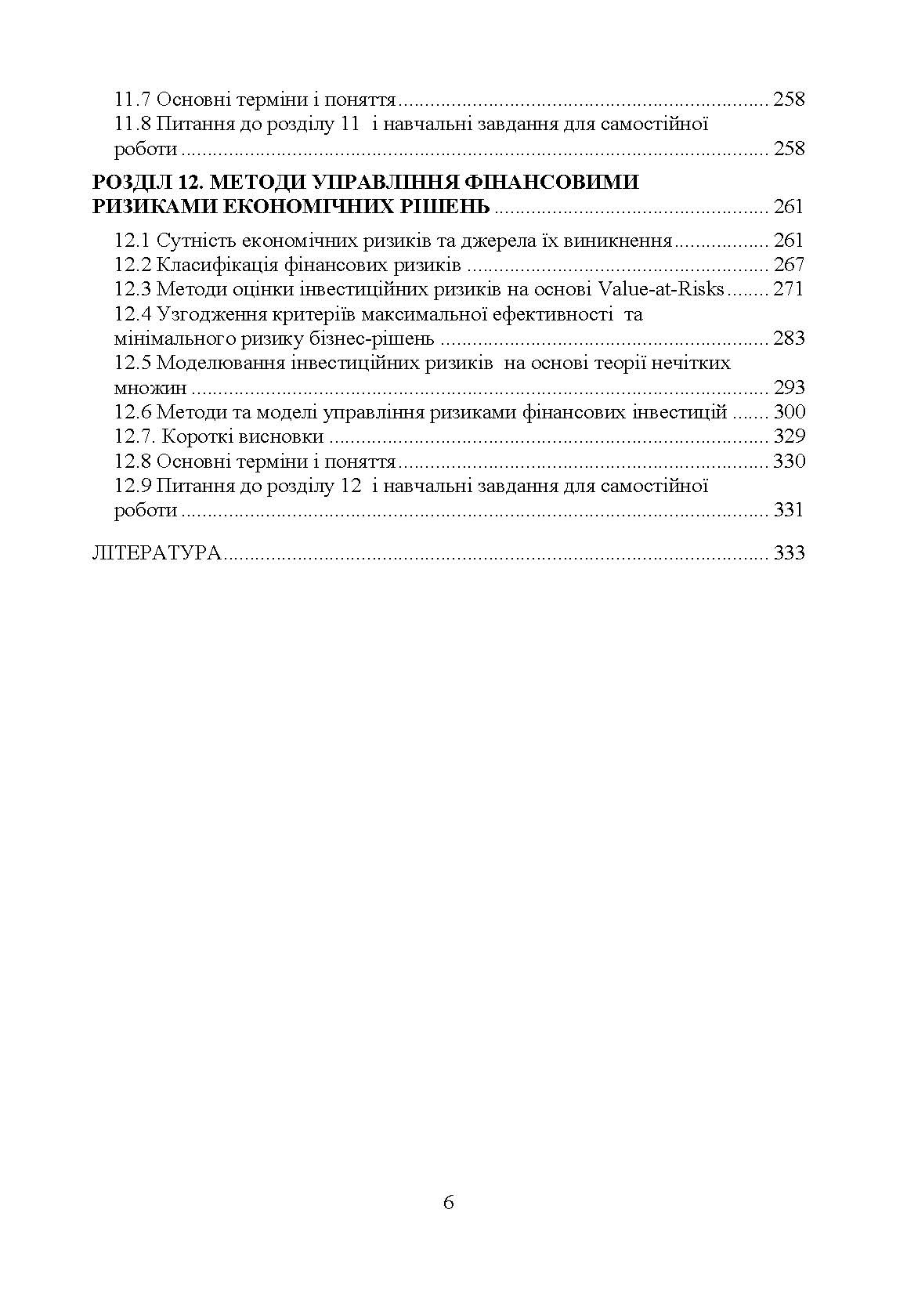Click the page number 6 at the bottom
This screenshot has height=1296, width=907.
[x=448, y=1202]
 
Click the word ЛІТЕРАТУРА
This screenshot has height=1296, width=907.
[x=157, y=552]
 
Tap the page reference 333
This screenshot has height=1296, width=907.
[x=789, y=552]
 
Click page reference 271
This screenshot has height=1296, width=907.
[x=788, y=289]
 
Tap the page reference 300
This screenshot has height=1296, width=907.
[x=789, y=412]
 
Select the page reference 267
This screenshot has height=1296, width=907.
[x=788, y=265]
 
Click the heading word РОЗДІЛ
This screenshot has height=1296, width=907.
[x=128, y=183]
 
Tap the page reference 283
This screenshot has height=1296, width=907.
[x=789, y=338]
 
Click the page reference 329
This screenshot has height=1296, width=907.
[x=789, y=436]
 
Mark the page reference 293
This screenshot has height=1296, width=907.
[x=789, y=388]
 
